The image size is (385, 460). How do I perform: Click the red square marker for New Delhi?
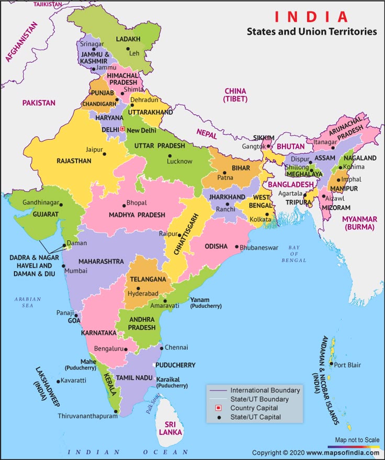click(x=122, y=128)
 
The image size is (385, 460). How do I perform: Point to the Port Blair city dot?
click(x=331, y=364)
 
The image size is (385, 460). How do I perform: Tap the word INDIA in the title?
click(x=311, y=17)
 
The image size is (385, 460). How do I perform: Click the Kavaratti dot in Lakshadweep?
click(x=58, y=380)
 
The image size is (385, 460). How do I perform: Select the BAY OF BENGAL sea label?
click(x=296, y=253)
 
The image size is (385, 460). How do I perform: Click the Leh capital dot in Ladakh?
click(x=128, y=50)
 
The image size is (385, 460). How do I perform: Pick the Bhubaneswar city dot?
click(x=236, y=247)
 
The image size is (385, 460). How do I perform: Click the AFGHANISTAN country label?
click(x=21, y=42)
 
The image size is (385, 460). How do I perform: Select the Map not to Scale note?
click(x=357, y=440)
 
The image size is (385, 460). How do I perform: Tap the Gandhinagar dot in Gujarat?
click(x=61, y=205)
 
